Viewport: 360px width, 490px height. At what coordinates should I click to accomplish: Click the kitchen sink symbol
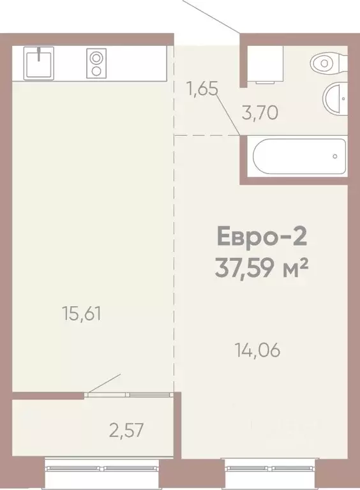pyautogui.click(x=41, y=63)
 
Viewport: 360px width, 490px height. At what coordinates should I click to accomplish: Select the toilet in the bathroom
pyautogui.click(x=327, y=64)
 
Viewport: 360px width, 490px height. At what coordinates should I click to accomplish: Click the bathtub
pyautogui.click(x=299, y=157)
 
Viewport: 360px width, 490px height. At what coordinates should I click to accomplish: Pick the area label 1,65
pyautogui.click(x=202, y=89)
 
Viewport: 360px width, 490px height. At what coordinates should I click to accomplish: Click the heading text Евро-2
pyautogui.click(x=262, y=238)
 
